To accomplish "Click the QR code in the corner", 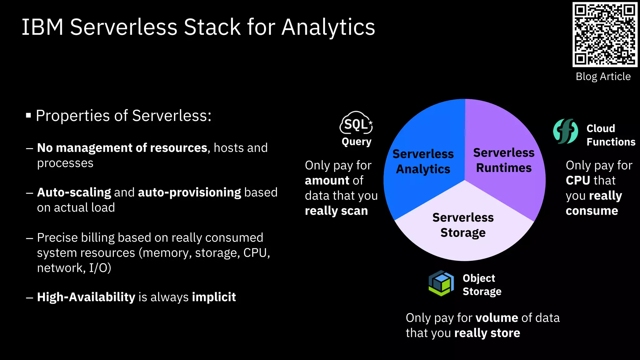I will pyautogui.click(x=605, y=34).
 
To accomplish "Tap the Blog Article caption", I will pyautogui.click(x=603, y=77).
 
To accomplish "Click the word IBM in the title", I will pyautogui.click(x=42, y=27).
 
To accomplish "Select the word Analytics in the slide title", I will pyautogui.click(x=328, y=27).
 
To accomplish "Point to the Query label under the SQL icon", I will pyautogui.click(x=357, y=142).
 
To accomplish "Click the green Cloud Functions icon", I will pyautogui.click(x=565, y=131).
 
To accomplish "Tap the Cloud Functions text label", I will pyautogui.click(x=610, y=135).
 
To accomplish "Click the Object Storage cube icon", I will pyautogui.click(x=441, y=283).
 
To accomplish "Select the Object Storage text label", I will pyautogui.click(x=482, y=285).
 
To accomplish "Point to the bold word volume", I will pyautogui.click(x=497, y=318).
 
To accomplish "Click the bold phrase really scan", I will pyautogui.click(x=336, y=211).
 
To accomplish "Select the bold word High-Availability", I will pyautogui.click(x=86, y=297).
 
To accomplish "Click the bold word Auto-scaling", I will pyautogui.click(x=74, y=192).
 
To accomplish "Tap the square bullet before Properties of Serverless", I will pyautogui.click(x=28, y=116).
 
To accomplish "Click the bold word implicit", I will pyautogui.click(x=214, y=297).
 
